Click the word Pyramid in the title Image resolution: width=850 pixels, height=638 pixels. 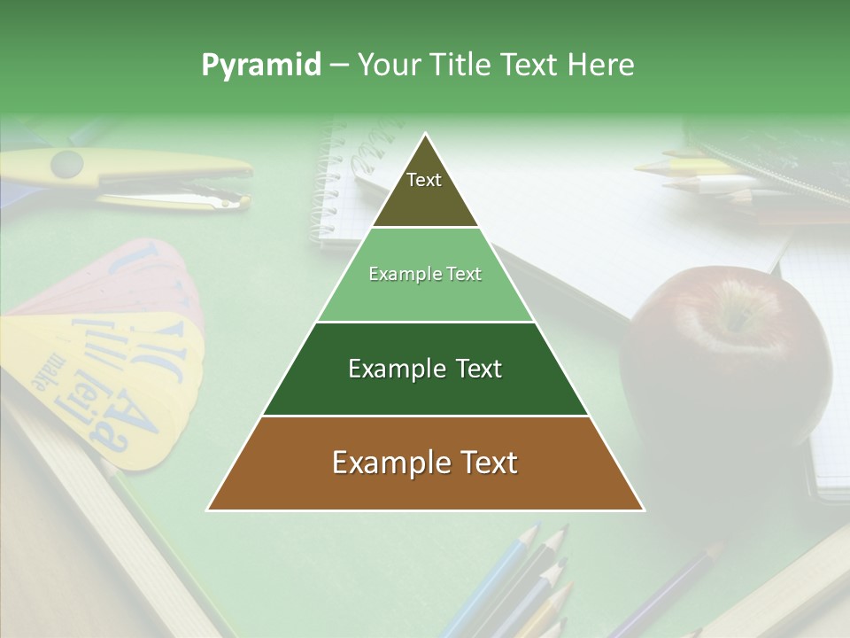(x=260, y=66)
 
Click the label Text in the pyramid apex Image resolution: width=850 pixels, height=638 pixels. (x=424, y=180)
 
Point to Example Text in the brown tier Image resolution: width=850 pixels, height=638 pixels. (x=425, y=463)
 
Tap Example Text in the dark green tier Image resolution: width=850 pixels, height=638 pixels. (x=425, y=369)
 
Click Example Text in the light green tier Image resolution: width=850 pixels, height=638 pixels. (x=425, y=274)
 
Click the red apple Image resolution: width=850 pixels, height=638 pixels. (x=726, y=354)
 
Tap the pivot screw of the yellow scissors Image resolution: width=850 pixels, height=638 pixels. (x=66, y=164)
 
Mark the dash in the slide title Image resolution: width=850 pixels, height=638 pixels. (x=339, y=66)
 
